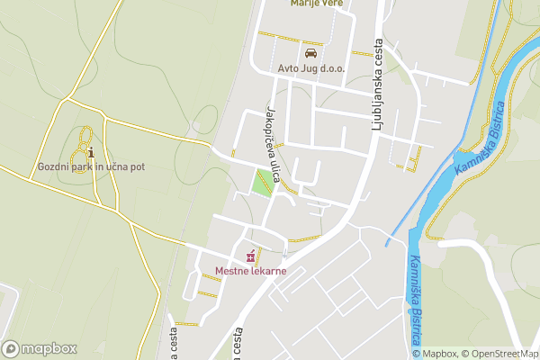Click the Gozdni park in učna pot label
[x=91, y=166]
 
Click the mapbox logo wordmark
[x=48, y=348]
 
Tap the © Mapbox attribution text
[x=435, y=354]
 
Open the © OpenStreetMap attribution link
[x=499, y=354]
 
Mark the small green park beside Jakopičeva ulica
[x=263, y=182]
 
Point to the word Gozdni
[x=54, y=166]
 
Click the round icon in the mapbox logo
[x=11, y=348]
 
